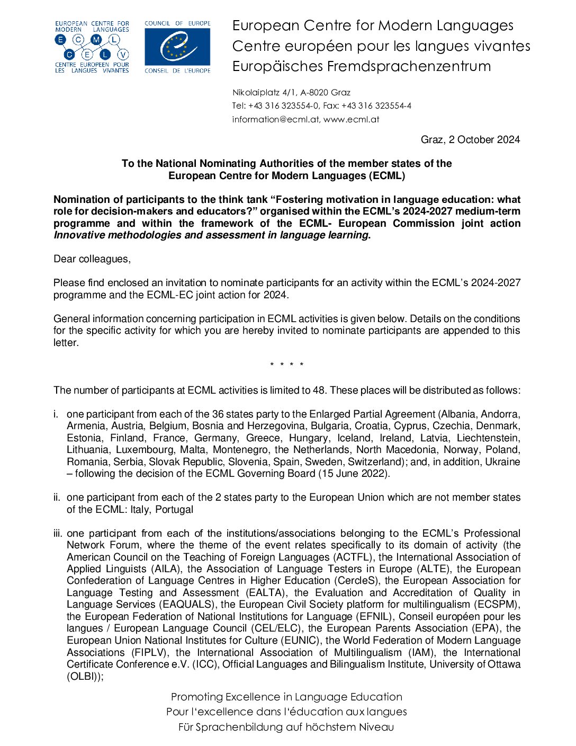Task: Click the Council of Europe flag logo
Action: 177,47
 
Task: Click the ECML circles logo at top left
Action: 92,47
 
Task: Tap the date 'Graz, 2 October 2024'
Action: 470,140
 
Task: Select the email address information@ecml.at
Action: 275,120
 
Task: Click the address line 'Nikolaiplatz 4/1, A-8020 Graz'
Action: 291,93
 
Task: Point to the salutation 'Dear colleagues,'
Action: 92,259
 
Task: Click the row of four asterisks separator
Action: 286,365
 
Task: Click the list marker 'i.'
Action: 56,414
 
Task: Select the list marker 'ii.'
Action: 57,498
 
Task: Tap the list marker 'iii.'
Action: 58,534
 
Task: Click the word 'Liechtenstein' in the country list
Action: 488,438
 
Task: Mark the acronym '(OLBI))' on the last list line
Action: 85,677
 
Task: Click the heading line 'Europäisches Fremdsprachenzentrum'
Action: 362,67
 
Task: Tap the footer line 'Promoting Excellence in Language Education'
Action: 286,697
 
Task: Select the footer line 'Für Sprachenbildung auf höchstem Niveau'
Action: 286,727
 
